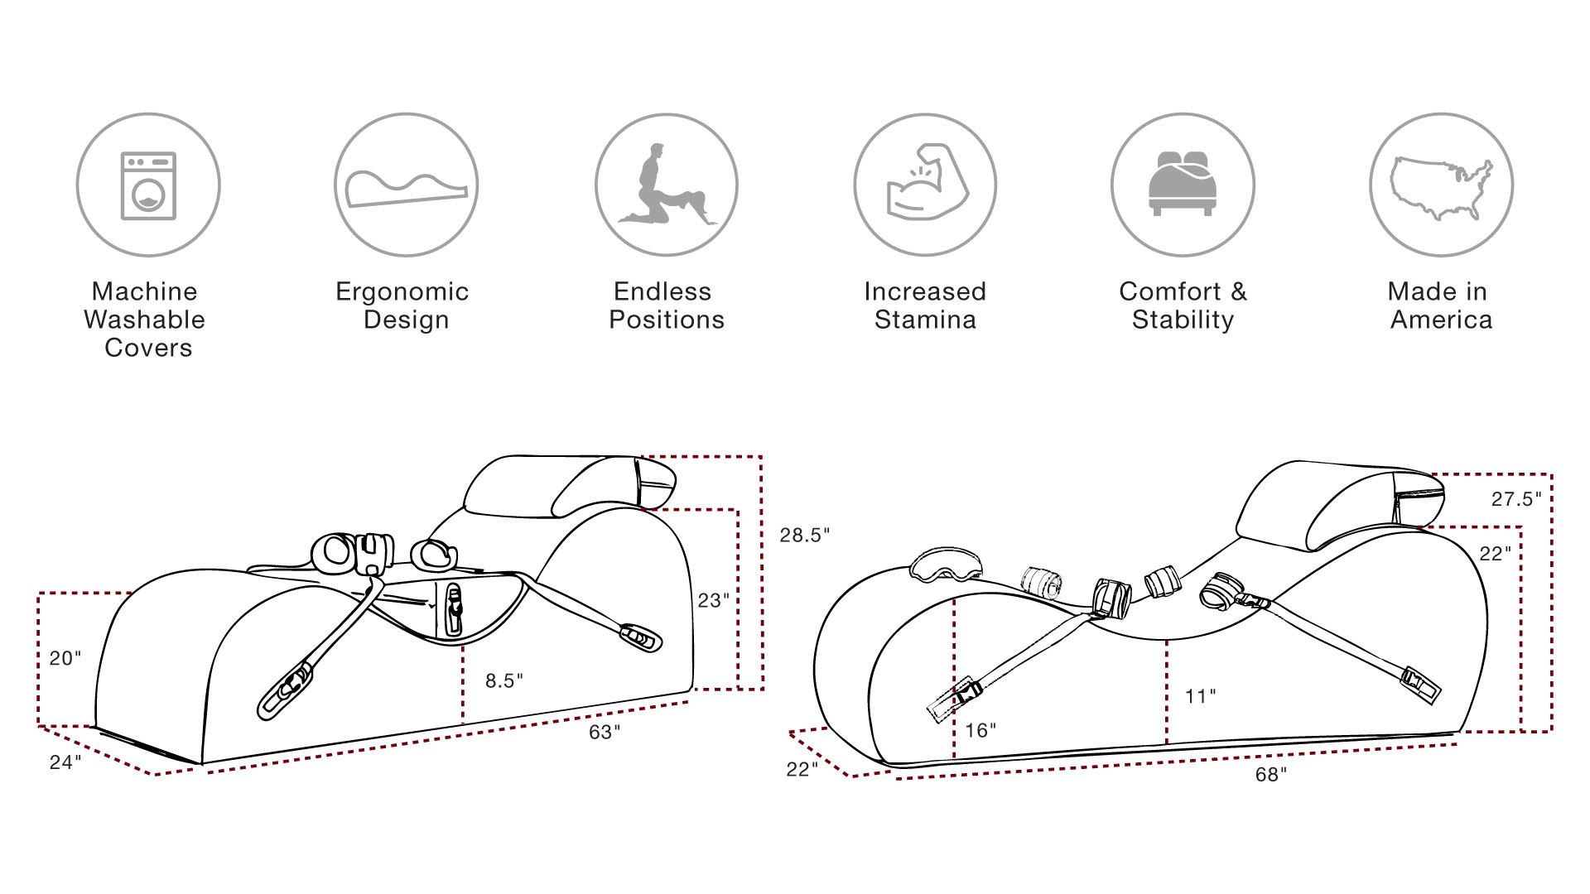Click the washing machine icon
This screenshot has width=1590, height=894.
click(x=148, y=185)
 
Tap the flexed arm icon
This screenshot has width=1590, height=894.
click(x=925, y=184)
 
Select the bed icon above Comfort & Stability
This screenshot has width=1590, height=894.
click(x=1183, y=184)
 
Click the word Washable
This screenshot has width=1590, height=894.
click(x=144, y=320)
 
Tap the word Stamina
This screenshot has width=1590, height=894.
click(x=925, y=320)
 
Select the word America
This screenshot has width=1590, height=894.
click(x=1441, y=320)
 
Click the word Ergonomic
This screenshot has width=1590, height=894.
click(x=402, y=292)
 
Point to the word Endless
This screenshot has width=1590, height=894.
click(x=662, y=291)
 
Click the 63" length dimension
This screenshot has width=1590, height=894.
click(x=605, y=733)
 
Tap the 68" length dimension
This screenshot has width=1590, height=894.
click(x=1271, y=775)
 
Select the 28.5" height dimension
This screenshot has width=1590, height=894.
click(x=804, y=536)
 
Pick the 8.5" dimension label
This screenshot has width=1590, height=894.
click(x=504, y=680)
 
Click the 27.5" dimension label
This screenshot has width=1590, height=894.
click(x=1516, y=499)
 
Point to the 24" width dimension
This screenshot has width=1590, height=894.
click(x=65, y=762)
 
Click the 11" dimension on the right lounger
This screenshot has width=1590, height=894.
click(x=1200, y=697)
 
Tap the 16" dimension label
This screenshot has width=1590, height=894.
click(x=980, y=730)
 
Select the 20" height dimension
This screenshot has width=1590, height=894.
click(x=65, y=659)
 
